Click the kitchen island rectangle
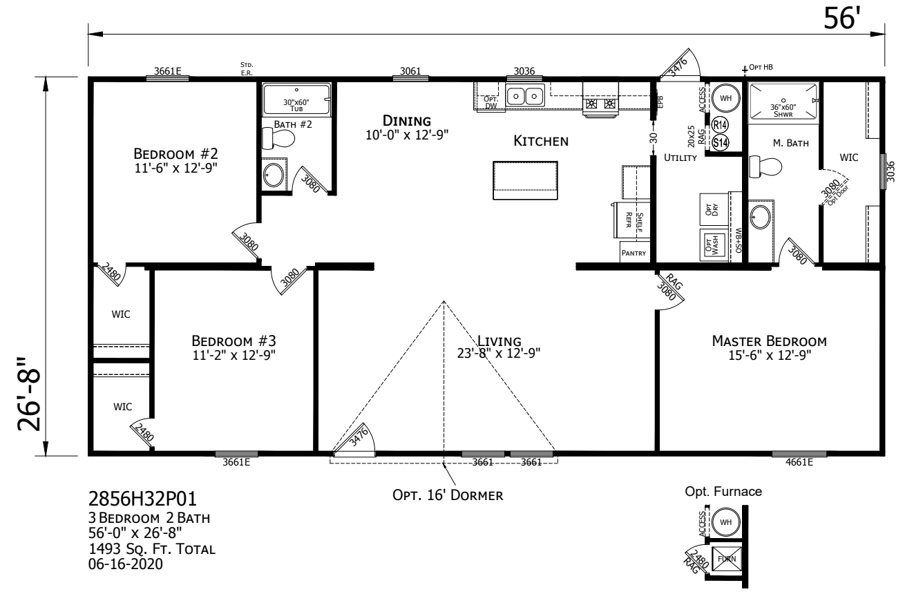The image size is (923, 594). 524,180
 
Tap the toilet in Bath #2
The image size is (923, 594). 280,138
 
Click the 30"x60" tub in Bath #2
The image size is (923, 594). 296,99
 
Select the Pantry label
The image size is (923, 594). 634,253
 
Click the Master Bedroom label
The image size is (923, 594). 769,341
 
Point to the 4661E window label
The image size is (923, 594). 794,463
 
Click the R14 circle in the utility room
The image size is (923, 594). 720,125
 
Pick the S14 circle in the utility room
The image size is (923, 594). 720,143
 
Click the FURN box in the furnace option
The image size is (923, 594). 725,557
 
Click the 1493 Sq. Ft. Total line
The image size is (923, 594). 153,549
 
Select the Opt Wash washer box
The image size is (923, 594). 711,245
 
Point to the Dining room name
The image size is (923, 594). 407,122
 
